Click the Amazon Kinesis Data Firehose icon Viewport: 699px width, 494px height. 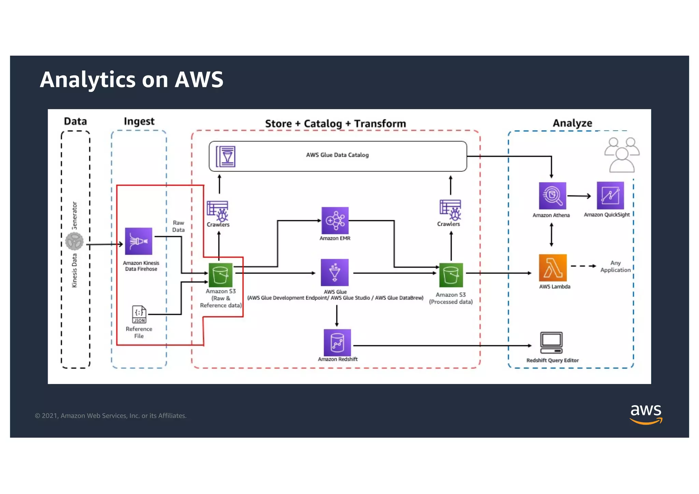(138, 241)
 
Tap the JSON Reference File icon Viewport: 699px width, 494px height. (139, 314)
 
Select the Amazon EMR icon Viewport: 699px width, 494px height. (335, 221)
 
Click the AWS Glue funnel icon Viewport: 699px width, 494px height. (334, 272)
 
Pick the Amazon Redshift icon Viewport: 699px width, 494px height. (337, 342)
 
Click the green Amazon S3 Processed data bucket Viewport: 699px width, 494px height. (451, 275)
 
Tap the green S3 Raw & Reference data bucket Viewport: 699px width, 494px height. (220, 275)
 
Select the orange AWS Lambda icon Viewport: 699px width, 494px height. (553, 268)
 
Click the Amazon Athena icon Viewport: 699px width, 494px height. (552, 196)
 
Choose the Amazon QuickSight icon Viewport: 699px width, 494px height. (610, 195)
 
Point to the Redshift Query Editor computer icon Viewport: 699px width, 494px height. (551, 342)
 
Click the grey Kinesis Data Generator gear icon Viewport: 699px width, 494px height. (74, 241)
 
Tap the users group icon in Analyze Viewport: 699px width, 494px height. (622, 154)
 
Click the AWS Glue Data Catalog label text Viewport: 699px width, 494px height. (337, 155)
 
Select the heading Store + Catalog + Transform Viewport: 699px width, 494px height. (336, 124)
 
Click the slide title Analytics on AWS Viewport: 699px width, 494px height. (131, 80)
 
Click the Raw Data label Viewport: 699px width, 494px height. (178, 226)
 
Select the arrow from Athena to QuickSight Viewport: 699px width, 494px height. (579, 196)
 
